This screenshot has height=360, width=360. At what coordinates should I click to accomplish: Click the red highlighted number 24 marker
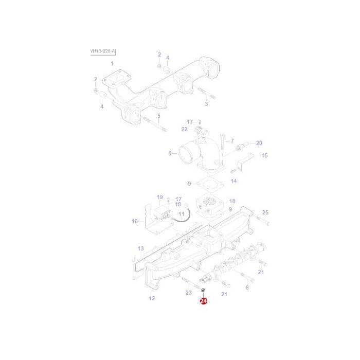(x=203, y=303)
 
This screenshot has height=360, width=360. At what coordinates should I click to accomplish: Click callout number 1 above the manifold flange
(x=112, y=63)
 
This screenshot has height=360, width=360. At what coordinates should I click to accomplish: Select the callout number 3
(x=206, y=104)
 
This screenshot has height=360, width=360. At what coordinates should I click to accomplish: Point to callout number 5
(x=159, y=116)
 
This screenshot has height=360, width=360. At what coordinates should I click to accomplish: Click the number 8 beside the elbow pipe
(x=170, y=153)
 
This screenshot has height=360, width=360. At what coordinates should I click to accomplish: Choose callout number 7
(x=232, y=141)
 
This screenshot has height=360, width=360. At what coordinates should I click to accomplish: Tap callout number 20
(x=259, y=143)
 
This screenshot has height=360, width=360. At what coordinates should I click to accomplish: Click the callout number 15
(x=265, y=155)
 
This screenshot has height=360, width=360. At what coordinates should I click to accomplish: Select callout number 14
(x=233, y=181)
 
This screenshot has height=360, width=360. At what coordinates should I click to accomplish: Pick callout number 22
(x=185, y=129)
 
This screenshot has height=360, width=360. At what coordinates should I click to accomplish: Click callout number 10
(x=232, y=201)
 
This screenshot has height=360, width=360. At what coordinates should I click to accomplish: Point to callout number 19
(x=160, y=197)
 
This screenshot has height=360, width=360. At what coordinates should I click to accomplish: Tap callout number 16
(x=135, y=221)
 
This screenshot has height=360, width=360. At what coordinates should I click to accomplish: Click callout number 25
(x=265, y=212)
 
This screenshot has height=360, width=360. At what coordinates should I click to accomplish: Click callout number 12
(x=152, y=298)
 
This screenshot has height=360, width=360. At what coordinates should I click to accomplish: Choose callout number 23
(x=189, y=293)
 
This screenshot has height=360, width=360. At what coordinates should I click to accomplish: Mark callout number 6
(x=247, y=287)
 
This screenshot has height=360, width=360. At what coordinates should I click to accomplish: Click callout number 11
(x=181, y=213)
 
